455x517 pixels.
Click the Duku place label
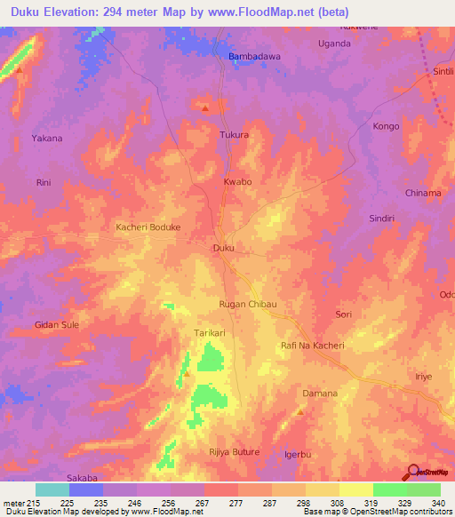(x=223, y=248)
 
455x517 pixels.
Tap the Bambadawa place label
(x=255, y=56)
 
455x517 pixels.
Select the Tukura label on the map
(x=235, y=135)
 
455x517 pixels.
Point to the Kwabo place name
(x=237, y=181)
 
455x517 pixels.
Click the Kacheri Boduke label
(x=148, y=227)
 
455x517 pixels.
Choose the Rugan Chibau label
(x=249, y=304)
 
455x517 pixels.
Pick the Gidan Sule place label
(x=57, y=324)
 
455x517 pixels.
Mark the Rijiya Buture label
(x=234, y=452)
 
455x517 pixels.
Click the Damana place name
(x=321, y=393)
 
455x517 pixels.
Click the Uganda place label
(x=334, y=43)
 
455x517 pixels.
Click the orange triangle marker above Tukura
(x=205, y=108)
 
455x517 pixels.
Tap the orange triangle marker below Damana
(x=300, y=411)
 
